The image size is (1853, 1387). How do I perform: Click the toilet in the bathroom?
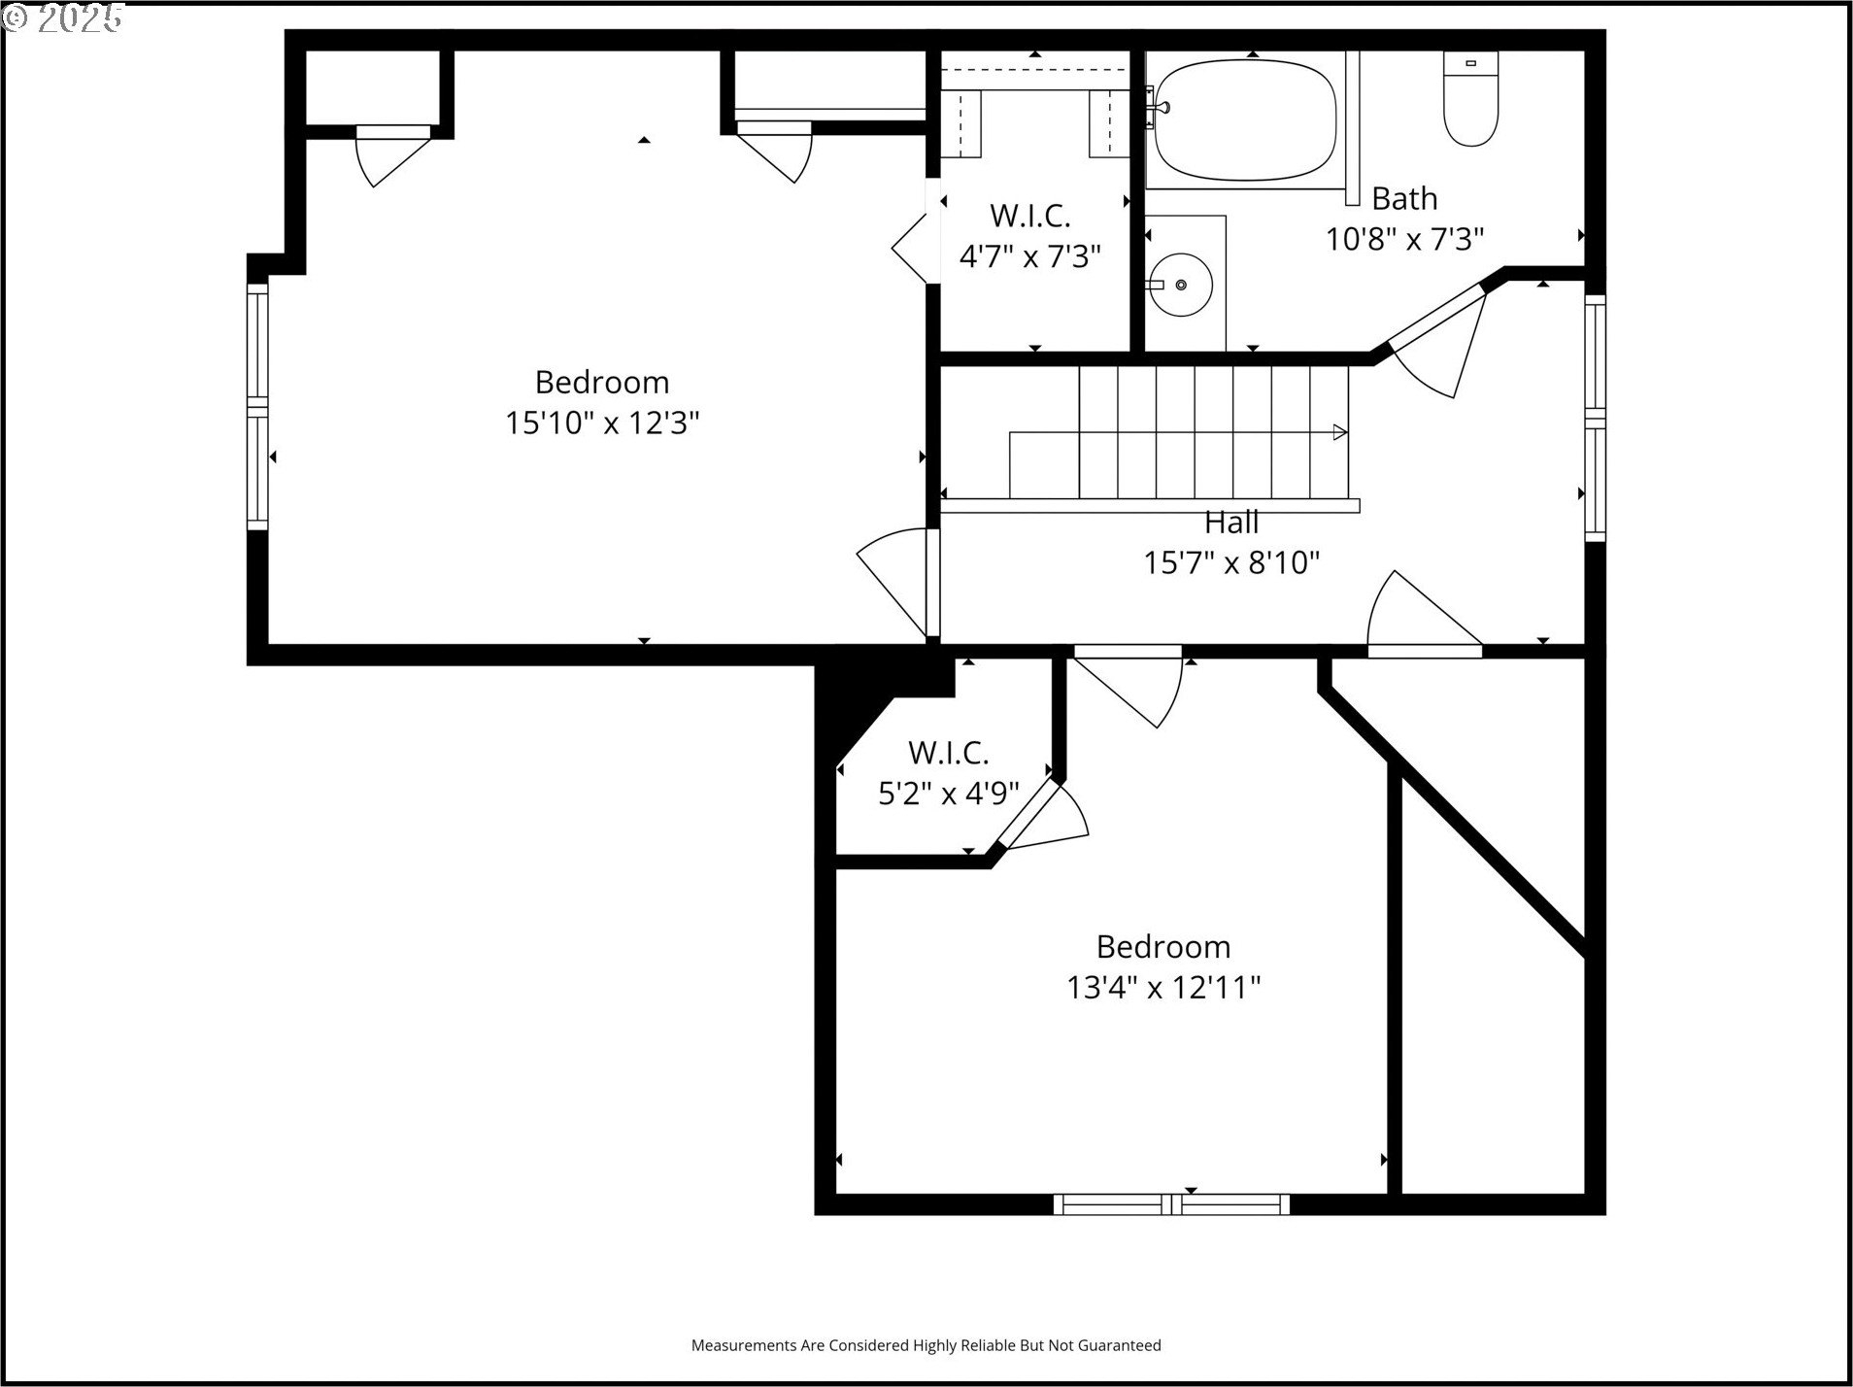[1470, 98]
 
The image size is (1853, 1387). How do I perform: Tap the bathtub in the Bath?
[1245, 120]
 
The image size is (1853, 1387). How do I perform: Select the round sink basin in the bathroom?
[1180, 285]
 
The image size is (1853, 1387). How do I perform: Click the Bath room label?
[1404, 198]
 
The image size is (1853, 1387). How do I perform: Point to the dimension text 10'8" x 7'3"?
[1405, 239]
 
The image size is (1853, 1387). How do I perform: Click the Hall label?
[1231, 523]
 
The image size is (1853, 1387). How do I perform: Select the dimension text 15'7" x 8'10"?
[1231, 562]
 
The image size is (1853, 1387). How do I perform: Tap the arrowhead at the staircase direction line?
[1340, 432]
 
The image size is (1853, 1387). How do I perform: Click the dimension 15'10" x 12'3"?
[602, 423]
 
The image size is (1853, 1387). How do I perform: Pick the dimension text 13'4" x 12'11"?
[1163, 988]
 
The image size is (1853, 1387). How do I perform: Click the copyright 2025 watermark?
[64, 17]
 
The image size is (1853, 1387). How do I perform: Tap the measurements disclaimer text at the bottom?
[926, 1345]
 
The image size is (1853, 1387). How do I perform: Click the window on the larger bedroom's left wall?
[257, 407]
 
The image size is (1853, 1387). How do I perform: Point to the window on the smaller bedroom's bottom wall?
[1172, 1204]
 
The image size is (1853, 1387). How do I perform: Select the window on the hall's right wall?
[1595, 418]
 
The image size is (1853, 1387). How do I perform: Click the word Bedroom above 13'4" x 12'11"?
[1163, 947]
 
